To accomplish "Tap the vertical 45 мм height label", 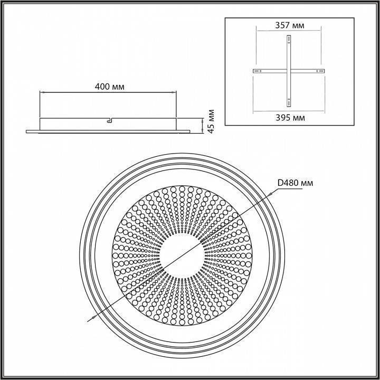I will (212, 121).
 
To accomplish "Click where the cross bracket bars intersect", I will (288, 71).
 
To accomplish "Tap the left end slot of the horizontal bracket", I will (256, 71).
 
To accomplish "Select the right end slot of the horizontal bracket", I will (320, 71).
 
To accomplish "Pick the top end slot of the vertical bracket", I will (288, 39).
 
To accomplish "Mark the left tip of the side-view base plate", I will (27, 129).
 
